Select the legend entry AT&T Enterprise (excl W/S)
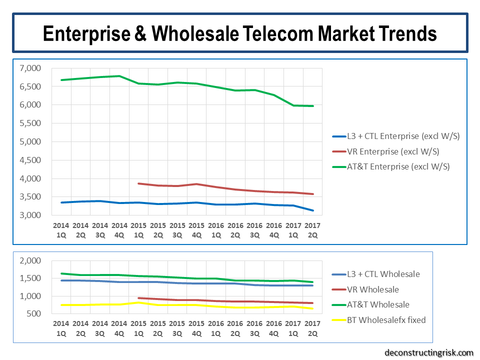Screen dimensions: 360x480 (x=398, y=166)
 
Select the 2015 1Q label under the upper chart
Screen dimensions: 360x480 (x=138, y=230)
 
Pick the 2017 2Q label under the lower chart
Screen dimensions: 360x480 (x=312, y=328)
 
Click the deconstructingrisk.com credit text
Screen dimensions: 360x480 (x=428, y=352)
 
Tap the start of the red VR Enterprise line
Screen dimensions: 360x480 (x=138, y=183)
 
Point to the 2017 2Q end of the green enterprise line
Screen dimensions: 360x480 (x=313, y=106)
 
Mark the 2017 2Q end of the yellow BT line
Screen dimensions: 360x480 (x=313, y=308)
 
